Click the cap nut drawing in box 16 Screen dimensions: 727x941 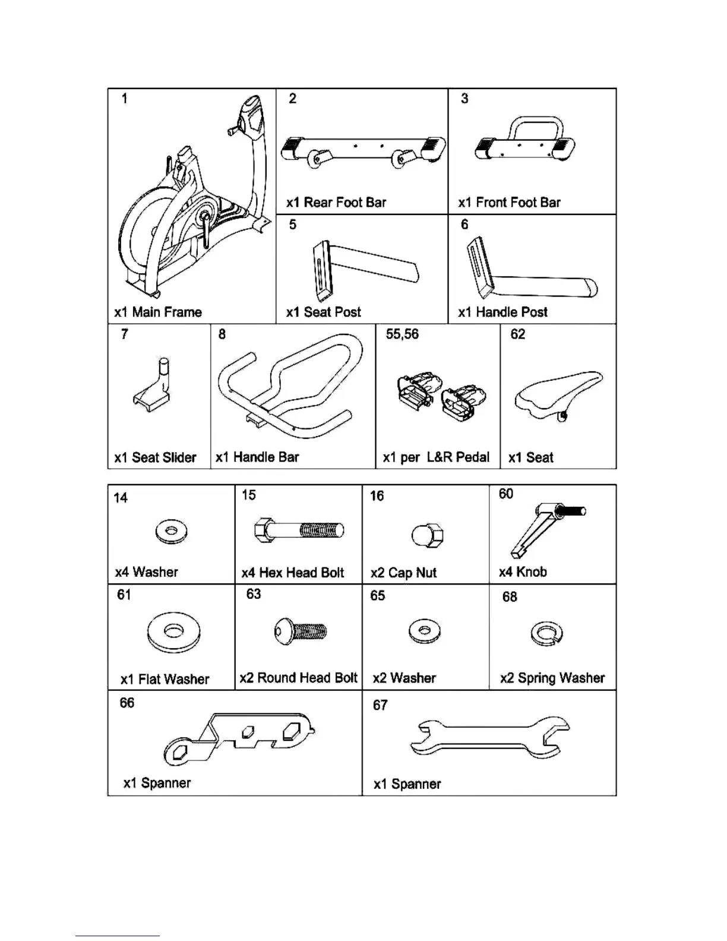[x=427, y=535]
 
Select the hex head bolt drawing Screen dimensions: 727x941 [x=299, y=529]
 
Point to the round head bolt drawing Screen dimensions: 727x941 [x=301, y=631]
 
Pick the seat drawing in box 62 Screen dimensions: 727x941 [x=558, y=393]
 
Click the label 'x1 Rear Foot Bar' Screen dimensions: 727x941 [x=336, y=203]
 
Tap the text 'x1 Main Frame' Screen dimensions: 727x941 [x=158, y=312]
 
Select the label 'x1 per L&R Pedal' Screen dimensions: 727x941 [x=436, y=457]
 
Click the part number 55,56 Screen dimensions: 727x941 [x=402, y=334]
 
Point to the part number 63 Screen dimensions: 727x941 [x=254, y=594]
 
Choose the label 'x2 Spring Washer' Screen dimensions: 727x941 [x=552, y=678]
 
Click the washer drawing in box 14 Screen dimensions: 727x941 [x=171, y=531]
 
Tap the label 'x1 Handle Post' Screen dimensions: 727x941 [x=502, y=312]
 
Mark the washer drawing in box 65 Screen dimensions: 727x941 [x=425, y=631]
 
